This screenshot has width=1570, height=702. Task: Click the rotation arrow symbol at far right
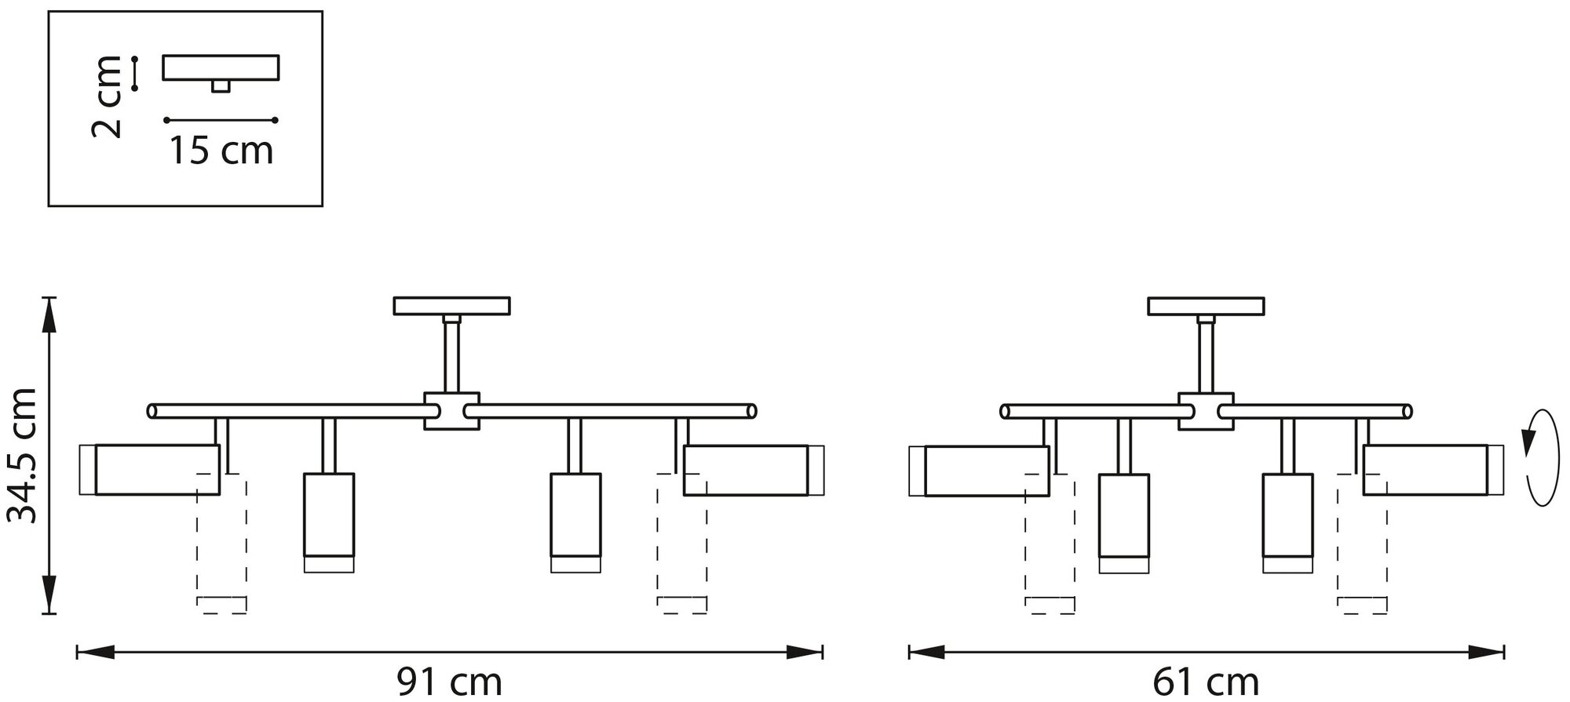(1539, 467)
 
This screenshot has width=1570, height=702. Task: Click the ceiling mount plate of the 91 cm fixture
(452, 305)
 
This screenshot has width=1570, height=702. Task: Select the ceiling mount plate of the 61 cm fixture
(1206, 306)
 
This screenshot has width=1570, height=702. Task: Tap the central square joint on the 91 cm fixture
(451, 410)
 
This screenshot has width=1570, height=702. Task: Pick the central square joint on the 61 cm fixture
(1206, 411)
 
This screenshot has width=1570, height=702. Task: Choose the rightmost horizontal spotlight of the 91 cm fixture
(747, 470)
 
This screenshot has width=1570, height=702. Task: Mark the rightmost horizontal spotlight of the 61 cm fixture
(1426, 470)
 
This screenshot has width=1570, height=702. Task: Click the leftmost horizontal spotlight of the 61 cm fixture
(987, 471)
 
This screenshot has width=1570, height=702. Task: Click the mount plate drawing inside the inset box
(221, 68)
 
